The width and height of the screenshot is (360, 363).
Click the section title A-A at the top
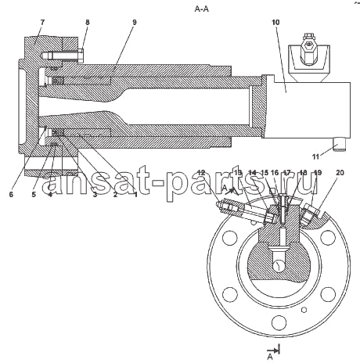(x=202, y=9)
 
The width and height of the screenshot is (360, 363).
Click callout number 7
(x=42, y=23)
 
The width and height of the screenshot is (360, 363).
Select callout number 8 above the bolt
(x=88, y=23)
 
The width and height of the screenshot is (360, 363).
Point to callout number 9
(x=135, y=23)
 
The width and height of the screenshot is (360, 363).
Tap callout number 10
(x=275, y=23)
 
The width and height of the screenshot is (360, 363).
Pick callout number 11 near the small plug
(x=315, y=157)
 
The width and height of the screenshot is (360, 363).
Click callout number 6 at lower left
(x=11, y=194)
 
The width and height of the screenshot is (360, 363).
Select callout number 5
(x=34, y=194)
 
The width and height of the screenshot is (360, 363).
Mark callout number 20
(x=340, y=173)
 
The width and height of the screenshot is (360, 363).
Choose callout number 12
(x=201, y=173)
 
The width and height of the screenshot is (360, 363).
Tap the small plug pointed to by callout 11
(x=340, y=145)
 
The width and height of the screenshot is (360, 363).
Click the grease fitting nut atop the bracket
(x=308, y=45)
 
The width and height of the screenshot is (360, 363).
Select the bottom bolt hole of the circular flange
(x=279, y=322)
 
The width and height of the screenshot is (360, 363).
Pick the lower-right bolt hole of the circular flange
(x=328, y=294)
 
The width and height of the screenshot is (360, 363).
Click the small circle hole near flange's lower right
(x=304, y=310)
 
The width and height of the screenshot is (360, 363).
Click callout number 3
(x=95, y=194)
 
